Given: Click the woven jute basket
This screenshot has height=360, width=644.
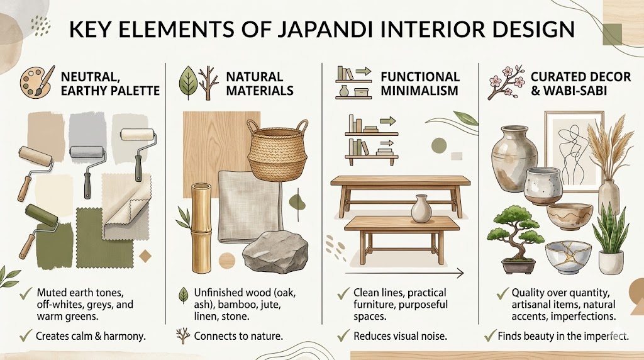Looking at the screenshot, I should point(277,150).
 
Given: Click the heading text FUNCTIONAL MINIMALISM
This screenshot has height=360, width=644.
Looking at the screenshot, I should point(420,83).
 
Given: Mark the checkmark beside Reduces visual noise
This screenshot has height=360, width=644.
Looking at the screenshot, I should point(343,336).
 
